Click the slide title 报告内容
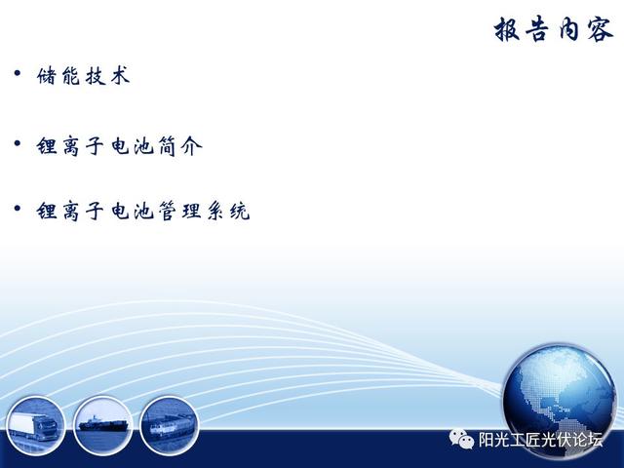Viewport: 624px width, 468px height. pyautogui.click(x=553, y=29)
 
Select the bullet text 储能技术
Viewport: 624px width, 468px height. pyautogui.click(x=84, y=76)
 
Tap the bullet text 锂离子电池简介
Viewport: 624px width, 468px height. pyautogui.click(x=119, y=146)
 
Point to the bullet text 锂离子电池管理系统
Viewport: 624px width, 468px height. pyautogui.click(x=143, y=211)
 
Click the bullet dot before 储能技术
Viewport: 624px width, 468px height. pyautogui.click(x=18, y=73)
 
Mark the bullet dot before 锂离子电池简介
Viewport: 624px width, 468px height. pyautogui.click(x=18, y=143)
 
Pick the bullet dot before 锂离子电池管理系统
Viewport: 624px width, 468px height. pyautogui.click(x=18, y=208)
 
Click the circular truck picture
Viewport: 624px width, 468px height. pyautogui.click(x=35, y=425)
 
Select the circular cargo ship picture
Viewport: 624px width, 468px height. pyautogui.click(x=102, y=425)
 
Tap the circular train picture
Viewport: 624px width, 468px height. pyautogui.click(x=169, y=425)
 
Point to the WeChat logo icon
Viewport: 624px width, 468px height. pyautogui.click(x=461, y=439)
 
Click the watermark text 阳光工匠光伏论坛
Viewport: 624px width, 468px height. pyautogui.click(x=540, y=440)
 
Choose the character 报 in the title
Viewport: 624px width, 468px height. pyautogui.click(x=507, y=29)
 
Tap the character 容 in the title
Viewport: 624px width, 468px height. pyautogui.click(x=600, y=29)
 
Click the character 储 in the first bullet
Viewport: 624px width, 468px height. pyautogui.click(x=47, y=76)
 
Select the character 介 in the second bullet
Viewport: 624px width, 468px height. pyautogui.click(x=192, y=146)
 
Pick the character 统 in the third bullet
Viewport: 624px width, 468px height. pyautogui.click(x=240, y=211)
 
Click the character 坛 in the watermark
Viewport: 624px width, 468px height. pyautogui.click(x=596, y=440)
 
